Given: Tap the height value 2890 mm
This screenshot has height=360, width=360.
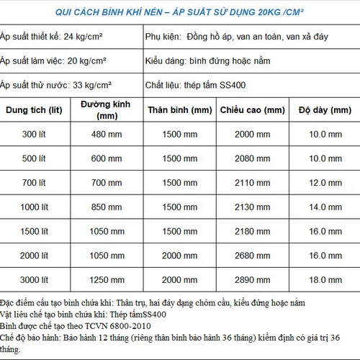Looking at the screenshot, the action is [249, 279].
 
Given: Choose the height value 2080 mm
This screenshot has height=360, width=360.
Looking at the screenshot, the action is [249, 158].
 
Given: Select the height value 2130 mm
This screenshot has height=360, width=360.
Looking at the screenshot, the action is [249, 207].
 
